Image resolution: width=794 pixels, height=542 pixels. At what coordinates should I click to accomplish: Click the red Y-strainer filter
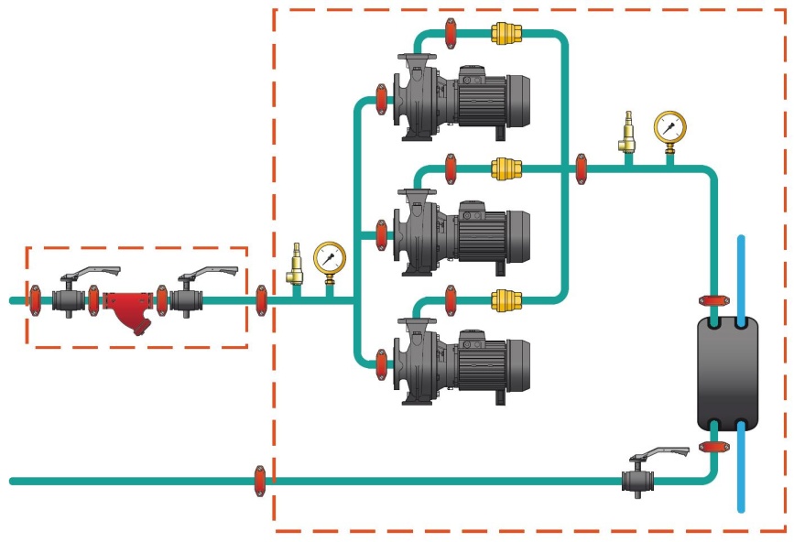pyautogui.click(x=127, y=307)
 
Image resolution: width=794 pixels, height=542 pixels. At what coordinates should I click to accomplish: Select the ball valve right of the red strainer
pyautogui.click(x=190, y=299)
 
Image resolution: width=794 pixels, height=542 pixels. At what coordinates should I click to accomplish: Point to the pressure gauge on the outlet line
pyautogui.click(x=669, y=127)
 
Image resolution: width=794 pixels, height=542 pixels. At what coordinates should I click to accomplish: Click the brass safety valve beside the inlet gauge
pyautogui.click(x=296, y=266)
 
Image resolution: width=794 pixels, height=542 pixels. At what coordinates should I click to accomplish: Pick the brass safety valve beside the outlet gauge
pyautogui.click(x=628, y=133)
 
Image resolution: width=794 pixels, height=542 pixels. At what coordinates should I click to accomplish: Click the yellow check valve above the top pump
pyautogui.click(x=506, y=34)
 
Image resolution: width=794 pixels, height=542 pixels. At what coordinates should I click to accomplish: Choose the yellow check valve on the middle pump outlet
pyautogui.click(x=506, y=168)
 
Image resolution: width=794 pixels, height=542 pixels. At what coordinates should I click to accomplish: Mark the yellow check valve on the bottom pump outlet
pyautogui.click(x=506, y=298)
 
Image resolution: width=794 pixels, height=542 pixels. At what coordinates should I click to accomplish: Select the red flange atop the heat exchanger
pyautogui.click(x=712, y=300)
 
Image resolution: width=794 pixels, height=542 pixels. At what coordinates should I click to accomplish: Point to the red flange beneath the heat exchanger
pyautogui.click(x=712, y=447)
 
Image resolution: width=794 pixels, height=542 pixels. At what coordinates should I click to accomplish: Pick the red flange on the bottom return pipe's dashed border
pyautogui.click(x=260, y=479)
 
